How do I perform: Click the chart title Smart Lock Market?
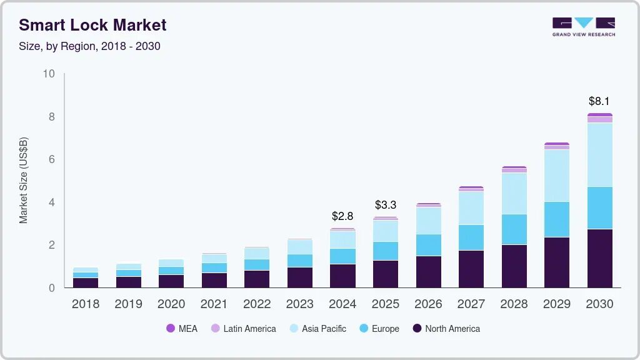coord(92,26)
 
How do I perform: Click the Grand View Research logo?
coord(583,26)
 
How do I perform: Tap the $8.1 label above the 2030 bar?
coord(599,101)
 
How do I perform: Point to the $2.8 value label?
coord(342,216)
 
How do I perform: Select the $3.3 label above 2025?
coord(386,205)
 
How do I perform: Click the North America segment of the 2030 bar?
coord(599,258)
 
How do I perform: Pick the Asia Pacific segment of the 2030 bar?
coord(599,154)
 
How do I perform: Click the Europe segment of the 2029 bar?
coord(557,219)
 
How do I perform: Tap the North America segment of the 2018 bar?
coord(86,282)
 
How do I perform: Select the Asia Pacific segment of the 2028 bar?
coord(514,193)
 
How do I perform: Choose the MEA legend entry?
coord(181,329)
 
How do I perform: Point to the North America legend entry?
coord(446,329)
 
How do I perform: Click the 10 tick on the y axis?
coord(49,74)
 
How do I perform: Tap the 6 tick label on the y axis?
coord(52,159)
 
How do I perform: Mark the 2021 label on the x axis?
coord(214,304)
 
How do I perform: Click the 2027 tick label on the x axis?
coord(471,304)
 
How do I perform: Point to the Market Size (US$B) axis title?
coord(24,181)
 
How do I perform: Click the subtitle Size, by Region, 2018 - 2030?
coord(89,46)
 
